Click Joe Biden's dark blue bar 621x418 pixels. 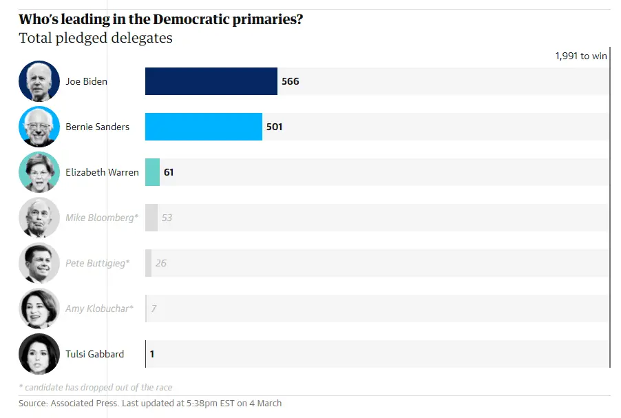point(211,81)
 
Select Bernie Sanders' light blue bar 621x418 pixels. point(203,127)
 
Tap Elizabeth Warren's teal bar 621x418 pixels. point(152,172)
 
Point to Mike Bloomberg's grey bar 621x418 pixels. point(151,218)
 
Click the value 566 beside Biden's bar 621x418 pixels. point(291,81)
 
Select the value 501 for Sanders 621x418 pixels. point(275,127)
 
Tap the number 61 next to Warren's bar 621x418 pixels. point(169,172)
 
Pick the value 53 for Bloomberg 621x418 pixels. point(167,218)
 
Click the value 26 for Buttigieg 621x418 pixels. point(160,263)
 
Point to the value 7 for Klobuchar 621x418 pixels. point(154,309)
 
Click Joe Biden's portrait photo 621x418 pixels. point(39,81)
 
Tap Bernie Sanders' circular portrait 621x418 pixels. point(39,127)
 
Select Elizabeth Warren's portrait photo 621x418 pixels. point(39,172)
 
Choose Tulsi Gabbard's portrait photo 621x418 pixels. point(39,354)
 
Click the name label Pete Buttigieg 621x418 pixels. point(97,263)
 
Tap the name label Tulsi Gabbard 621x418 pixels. point(95,354)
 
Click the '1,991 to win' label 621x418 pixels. point(581,56)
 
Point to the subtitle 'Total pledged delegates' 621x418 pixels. point(96,38)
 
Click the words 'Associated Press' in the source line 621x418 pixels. point(89,403)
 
